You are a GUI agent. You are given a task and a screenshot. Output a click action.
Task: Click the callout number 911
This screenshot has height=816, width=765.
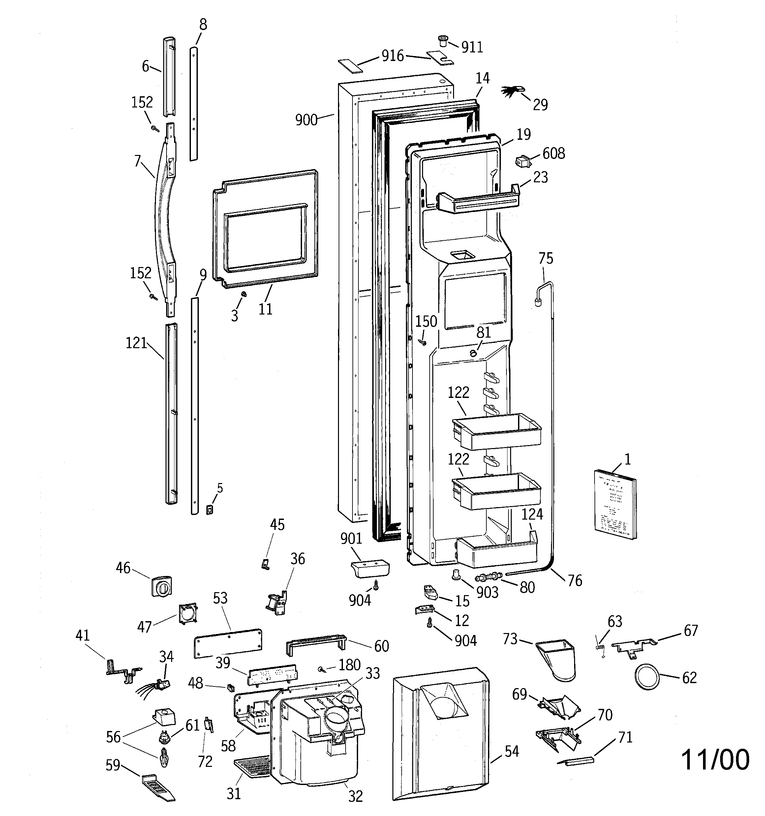coord(472,47)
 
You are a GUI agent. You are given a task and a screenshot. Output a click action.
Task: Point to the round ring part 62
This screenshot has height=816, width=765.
coord(647,677)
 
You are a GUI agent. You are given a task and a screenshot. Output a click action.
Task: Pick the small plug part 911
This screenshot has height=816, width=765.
coord(443,41)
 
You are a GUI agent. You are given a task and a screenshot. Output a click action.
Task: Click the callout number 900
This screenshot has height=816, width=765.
coord(306,120)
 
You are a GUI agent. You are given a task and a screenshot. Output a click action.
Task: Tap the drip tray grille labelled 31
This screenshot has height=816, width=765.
coord(251,768)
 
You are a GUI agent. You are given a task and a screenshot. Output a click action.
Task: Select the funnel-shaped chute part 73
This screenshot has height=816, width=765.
coord(556,660)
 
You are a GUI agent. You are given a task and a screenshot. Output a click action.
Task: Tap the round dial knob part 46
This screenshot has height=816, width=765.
coord(161,586)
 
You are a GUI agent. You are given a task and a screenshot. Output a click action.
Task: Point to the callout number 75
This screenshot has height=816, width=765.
coord(546,258)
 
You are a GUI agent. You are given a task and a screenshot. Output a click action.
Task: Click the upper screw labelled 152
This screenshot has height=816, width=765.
coord(155,129)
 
